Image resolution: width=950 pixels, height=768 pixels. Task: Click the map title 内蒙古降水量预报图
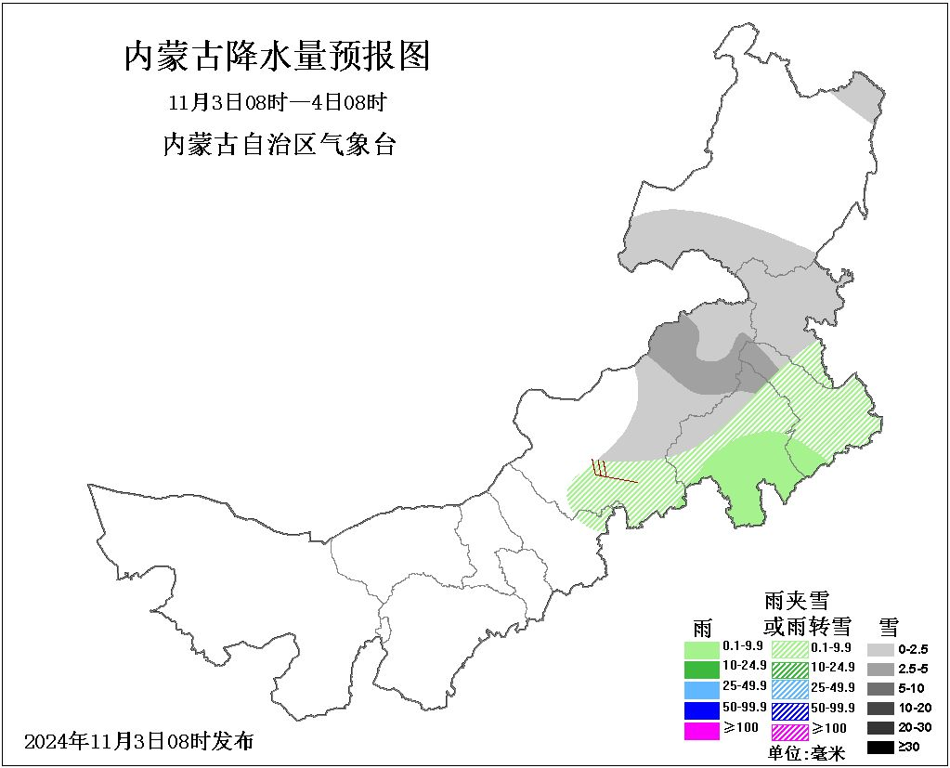[x=277, y=58]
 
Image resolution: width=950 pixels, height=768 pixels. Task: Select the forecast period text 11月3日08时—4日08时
[x=277, y=101]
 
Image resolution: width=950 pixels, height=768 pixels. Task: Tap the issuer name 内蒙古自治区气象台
[x=279, y=145]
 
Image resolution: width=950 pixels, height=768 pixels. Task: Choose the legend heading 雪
[x=887, y=626]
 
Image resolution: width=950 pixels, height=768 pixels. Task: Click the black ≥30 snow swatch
[x=880, y=747]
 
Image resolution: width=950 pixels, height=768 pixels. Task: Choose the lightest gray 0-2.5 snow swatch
[x=880, y=649]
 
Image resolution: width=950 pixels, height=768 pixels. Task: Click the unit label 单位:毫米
[x=806, y=753]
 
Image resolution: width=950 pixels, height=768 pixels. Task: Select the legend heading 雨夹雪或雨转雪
[x=796, y=612]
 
